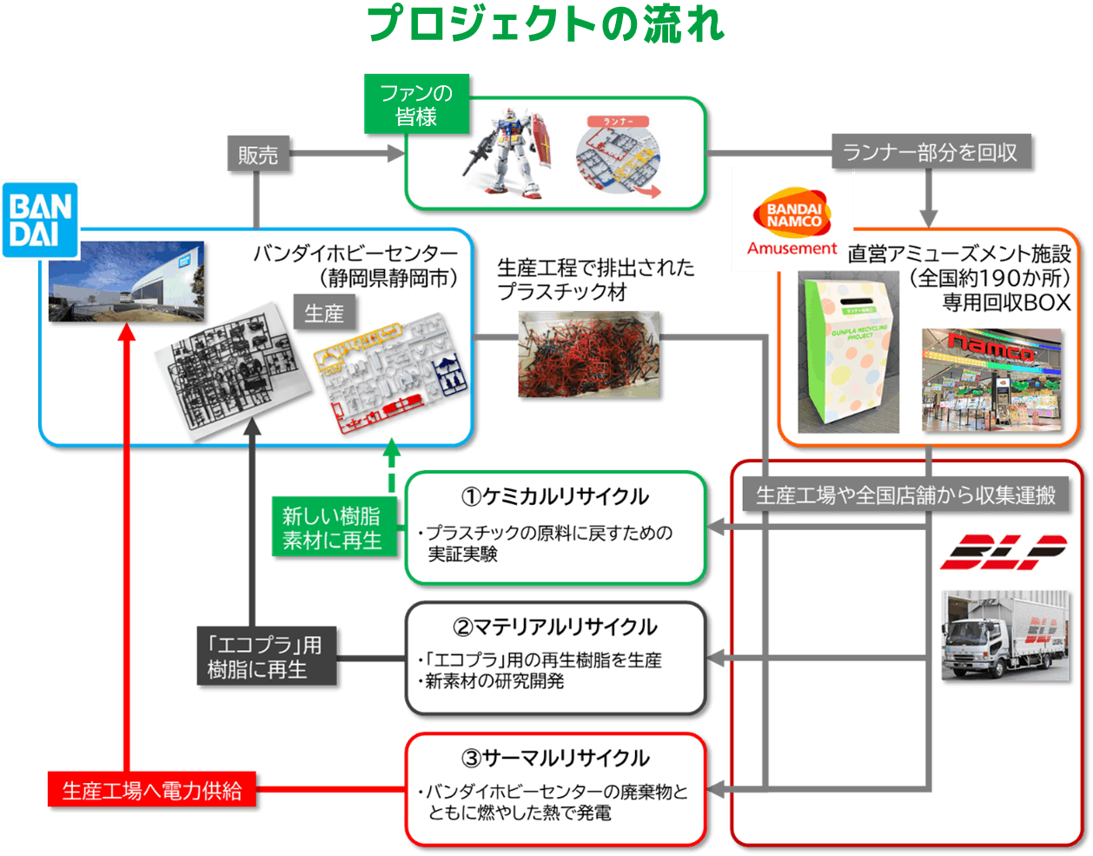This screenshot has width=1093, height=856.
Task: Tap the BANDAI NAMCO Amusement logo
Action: click(792, 222)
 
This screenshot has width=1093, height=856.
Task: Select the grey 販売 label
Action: click(258, 155)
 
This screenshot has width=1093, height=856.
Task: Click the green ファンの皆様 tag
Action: click(416, 105)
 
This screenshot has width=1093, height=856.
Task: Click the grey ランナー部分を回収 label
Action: click(930, 153)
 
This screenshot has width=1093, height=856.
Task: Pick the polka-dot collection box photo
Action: click(848, 353)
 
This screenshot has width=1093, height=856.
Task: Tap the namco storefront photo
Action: click(991, 380)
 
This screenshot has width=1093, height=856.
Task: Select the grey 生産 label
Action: click(324, 313)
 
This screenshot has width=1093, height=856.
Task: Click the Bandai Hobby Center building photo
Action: click(126, 281)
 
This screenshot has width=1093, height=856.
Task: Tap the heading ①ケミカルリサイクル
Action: click(555, 496)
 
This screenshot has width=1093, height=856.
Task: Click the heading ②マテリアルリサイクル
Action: click(555, 627)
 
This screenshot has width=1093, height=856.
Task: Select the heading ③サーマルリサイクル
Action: click(555, 758)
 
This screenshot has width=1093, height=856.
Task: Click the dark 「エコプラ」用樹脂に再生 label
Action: click(264, 658)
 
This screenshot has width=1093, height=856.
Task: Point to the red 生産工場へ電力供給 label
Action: click(152, 792)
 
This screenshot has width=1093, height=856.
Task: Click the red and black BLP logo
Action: click(1003, 553)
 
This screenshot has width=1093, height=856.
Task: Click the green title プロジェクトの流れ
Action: click(546, 23)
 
